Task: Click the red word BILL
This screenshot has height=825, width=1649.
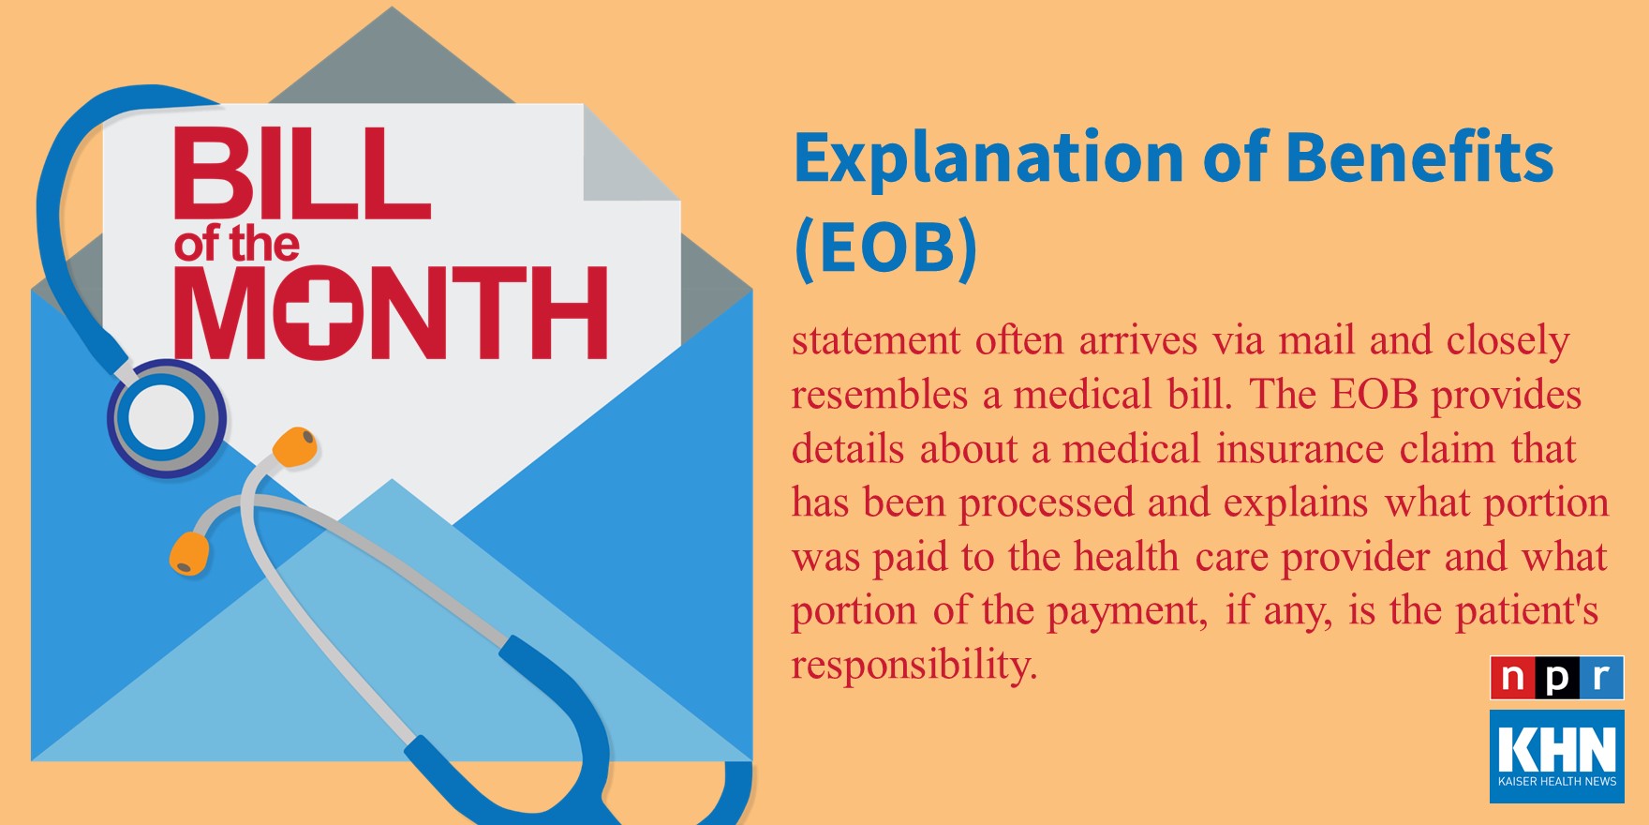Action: point(302,173)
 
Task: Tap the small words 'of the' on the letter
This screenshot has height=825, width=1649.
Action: point(236,245)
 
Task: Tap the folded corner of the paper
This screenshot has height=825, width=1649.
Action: point(631,152)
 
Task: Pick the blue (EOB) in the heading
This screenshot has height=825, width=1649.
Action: point(885,247)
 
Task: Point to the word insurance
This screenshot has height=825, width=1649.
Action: point(1300,448)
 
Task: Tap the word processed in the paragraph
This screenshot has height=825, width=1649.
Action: point(1046,503)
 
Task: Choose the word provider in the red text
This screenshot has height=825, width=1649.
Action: point(1355,558)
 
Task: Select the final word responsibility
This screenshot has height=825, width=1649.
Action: point(914,666)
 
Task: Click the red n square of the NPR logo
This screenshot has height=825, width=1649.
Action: point(1512,678)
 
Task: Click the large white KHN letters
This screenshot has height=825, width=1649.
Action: point(1557,748)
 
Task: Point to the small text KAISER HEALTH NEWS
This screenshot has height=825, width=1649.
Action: point(1557,781)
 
